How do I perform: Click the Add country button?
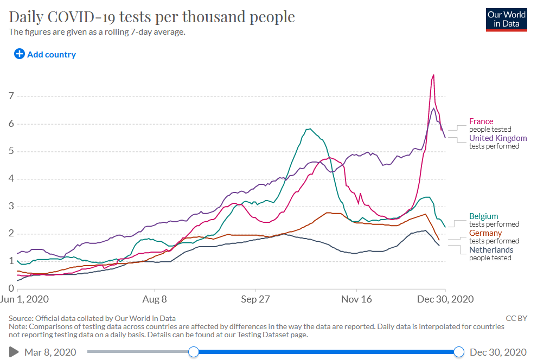tap(45, 54)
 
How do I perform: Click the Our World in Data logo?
tap(507, 19)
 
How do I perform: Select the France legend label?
tap(481, 121)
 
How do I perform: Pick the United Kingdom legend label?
tap(498, 138)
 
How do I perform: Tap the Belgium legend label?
tap(483, 216)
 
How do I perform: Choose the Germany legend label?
tap(485, 233)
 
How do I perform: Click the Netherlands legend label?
tap(491, 250)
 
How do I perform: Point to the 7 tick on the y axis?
tap(10, 97)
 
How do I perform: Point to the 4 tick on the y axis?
tap(10, 179)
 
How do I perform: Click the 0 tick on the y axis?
tap(10, 288)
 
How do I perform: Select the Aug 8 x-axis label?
tap(154, 299)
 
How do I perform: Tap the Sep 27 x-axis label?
tap(255, 299)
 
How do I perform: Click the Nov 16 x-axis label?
tap(356, 299)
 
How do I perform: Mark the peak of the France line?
tap(433, 75)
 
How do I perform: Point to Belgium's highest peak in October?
tap(309, 129)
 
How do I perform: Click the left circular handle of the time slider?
tap(194, 352)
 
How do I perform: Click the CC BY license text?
tap(516, 318)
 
